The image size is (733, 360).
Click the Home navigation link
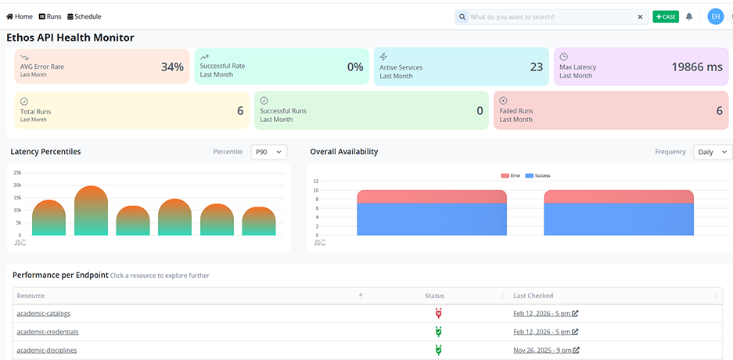20,16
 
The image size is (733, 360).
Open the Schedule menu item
84,16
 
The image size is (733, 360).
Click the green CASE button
666,16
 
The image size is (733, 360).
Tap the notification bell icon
689,16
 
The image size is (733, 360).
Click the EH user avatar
715,16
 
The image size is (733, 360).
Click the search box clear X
640,16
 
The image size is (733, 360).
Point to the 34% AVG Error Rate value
172,67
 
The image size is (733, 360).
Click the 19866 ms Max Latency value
696,67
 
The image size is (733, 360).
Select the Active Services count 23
536,67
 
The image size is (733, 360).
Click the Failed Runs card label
516,111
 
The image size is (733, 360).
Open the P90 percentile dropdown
268,152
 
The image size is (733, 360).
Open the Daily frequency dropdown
712,152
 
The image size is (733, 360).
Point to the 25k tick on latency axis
17,172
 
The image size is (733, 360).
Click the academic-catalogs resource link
43,314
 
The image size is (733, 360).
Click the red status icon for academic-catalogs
438,314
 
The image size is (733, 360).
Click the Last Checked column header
533,296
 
